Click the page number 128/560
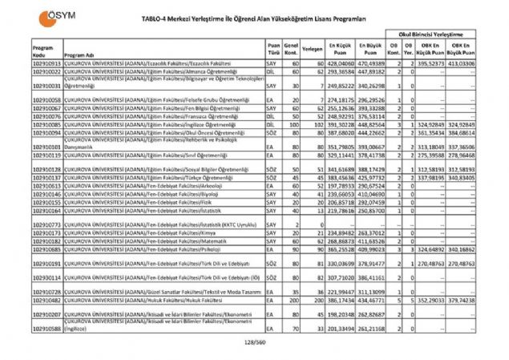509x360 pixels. click(254, 342)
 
